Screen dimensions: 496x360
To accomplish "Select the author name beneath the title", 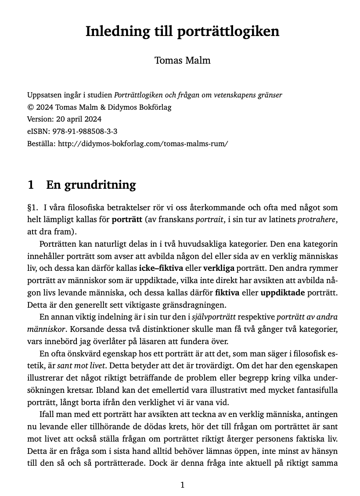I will pos(182,61).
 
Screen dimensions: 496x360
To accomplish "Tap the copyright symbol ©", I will pos(30,107).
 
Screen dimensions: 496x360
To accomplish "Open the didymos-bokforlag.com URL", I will pos(143,144).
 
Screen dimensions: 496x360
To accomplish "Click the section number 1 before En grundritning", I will pos(31,185).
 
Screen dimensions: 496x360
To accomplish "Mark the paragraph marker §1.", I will pos(32,207).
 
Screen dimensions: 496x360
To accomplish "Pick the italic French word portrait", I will pos(209,219).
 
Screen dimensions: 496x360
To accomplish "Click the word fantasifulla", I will pos(314,390).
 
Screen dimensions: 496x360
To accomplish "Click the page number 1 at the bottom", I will pos(183,485).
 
